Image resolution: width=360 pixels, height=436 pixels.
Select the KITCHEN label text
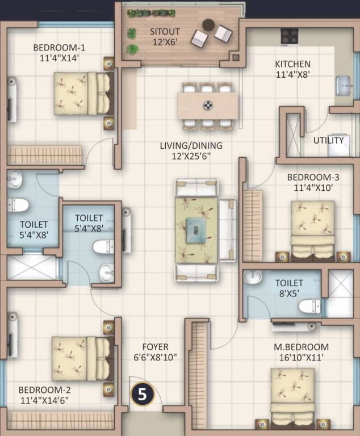tap(292, 64)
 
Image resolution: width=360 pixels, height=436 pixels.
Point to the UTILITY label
tap(328, 140)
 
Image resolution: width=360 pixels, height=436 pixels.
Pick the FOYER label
tap(155, 347)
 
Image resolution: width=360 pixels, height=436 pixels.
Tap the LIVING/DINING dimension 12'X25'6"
tap(191, 156)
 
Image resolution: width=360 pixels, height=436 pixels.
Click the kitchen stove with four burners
tap(289, 36)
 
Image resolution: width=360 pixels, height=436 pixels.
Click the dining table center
tap(208, 105)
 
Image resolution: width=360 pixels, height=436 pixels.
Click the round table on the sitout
tap(209, 24)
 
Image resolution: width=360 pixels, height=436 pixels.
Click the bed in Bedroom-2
tap(79, 358)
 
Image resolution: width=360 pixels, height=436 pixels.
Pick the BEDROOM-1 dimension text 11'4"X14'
tap(59, 57)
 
